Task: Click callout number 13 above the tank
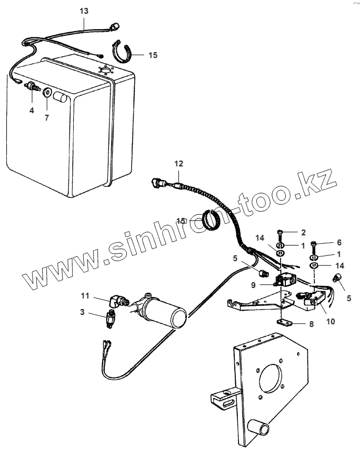coord(85,11)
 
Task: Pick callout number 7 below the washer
coord(47,117)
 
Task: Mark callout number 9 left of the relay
coord(254,284)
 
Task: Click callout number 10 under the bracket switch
coord(315,320)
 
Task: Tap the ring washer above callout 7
coord(47,94)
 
